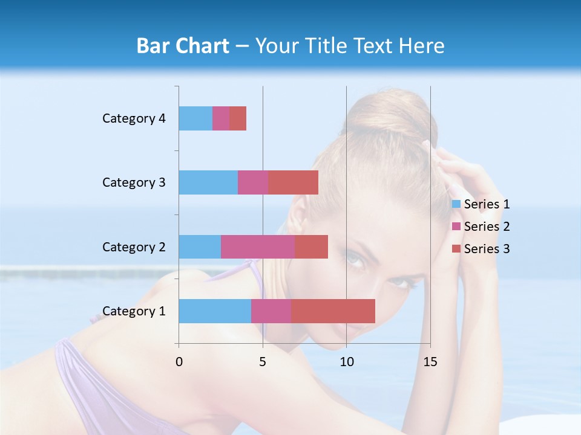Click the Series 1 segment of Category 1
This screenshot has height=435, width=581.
click(215, 311)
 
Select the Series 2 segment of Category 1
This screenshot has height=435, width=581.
click(271, 311)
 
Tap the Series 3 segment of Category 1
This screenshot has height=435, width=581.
click(333, 311)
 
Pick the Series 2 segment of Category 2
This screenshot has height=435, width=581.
click(258, 246)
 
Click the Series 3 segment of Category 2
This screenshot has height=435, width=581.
click(311, 246)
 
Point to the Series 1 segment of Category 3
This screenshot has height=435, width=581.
click(208, 182)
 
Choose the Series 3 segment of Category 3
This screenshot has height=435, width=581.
click(293, 182)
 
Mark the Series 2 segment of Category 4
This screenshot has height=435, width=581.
click(221, 118)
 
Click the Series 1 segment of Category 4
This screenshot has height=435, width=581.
click(195, 118)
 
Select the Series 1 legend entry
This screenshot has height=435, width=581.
click(481, 204)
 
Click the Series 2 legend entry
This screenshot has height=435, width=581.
click(481, 227)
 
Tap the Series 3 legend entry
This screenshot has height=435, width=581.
click(481, 249)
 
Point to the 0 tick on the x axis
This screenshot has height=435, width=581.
click(179, 362)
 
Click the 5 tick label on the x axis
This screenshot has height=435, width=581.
click(263, 362)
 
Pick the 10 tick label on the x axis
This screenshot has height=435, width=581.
click(346, 362)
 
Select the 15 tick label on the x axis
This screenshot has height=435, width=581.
click(430, 362)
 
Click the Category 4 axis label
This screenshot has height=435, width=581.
click(134, 118)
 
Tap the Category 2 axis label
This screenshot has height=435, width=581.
click(134, 246)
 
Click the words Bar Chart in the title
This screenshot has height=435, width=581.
click(183, 46)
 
